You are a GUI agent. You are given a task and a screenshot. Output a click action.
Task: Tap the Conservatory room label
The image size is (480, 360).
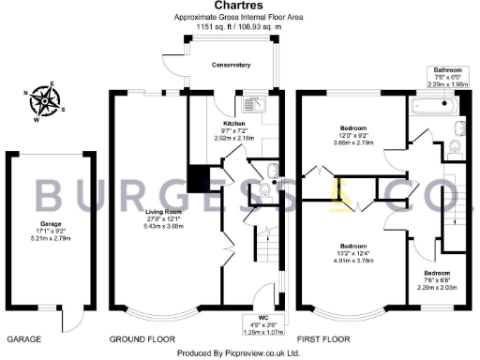231,65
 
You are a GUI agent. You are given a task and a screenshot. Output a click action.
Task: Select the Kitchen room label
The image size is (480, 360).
234,124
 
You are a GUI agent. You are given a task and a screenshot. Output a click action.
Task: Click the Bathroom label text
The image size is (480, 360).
447,70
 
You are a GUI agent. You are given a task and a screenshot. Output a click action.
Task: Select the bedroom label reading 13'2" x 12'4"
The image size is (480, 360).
352,244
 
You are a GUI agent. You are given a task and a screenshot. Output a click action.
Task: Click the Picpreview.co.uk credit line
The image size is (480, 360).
240,352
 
